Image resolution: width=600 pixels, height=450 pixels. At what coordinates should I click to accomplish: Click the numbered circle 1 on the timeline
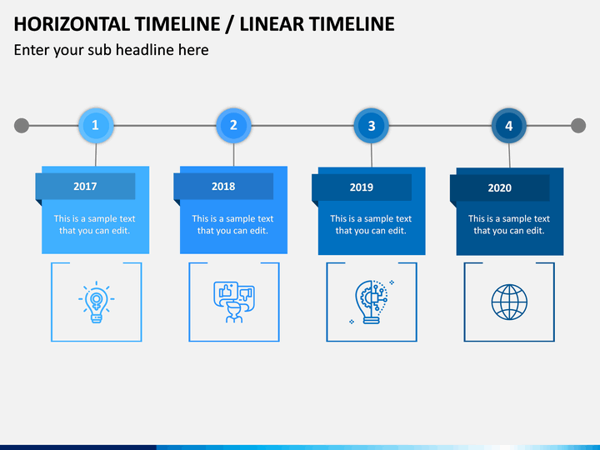(96, 126)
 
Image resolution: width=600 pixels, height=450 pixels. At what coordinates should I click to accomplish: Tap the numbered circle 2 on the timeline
(233, 126)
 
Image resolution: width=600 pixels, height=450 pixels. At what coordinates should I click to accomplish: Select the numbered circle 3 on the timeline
(372, 127)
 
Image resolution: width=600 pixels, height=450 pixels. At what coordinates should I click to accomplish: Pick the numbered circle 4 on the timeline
(509, 127)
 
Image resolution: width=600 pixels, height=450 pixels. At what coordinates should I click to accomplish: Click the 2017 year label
(85, 187)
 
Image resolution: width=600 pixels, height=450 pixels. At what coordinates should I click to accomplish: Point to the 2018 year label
(223, 187)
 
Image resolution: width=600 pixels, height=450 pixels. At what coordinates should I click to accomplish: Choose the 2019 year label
(362, 187)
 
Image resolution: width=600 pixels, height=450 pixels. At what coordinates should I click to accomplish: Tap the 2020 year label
(499, 188)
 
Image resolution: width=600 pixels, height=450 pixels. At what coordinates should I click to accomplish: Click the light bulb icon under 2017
(97, 302)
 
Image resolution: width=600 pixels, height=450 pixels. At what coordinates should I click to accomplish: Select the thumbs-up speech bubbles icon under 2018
(234, 302)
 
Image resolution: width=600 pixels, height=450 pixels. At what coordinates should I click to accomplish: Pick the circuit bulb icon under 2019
(372, 302)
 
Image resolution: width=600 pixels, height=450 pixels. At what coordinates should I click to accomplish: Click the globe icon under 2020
(509, 302)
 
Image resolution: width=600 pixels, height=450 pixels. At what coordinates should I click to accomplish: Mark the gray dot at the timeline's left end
(22, 126)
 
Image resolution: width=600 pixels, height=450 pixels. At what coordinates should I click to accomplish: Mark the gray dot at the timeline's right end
(578, 126)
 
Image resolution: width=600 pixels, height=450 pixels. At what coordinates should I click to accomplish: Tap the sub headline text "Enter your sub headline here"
(111, 50)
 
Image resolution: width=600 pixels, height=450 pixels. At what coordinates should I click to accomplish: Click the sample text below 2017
(95, 225)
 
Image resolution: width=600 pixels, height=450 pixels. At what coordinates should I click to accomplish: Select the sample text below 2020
(508, 225)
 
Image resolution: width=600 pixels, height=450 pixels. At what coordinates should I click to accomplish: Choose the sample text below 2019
(371, 225)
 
